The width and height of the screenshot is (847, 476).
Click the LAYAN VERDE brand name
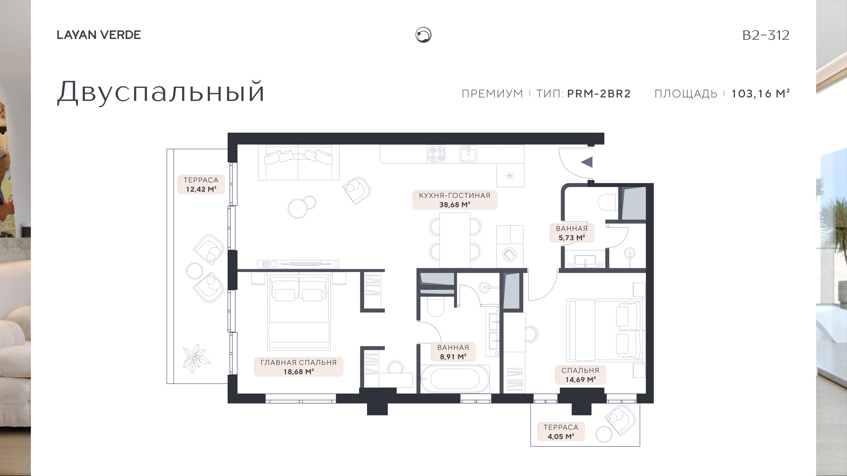[x=99, y=35]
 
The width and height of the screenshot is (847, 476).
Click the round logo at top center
[x=423, y=35]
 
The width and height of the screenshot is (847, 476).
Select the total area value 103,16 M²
[x=760, y=94]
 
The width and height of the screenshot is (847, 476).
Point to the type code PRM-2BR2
[x=599, y=94]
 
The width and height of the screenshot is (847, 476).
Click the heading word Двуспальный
[x=161, y=92]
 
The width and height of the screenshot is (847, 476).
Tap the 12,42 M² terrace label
[x=201, y=185]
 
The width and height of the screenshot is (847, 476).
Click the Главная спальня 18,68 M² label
[x=299, y=367]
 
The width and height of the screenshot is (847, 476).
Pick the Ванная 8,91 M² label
[x=453, y=352]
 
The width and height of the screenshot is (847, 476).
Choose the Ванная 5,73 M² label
[x=572, y=233]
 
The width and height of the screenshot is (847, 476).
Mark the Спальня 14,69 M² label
[x=580, y=375]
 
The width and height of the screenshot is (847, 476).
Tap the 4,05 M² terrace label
[x=561, y=432]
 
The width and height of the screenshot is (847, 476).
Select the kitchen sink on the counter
[x=468, y=154]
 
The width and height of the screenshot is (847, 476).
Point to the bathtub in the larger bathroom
[x=455, y=379]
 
